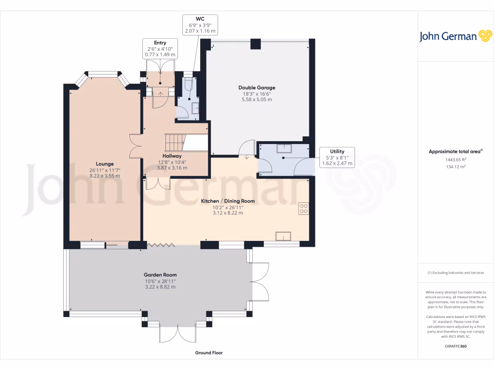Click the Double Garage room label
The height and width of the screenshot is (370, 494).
(x=257, y=88)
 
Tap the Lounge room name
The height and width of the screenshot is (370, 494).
(x=105, y=164)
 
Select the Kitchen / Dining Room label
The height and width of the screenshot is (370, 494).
(x=228, y=201)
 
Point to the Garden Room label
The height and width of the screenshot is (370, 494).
(x=160, y=275)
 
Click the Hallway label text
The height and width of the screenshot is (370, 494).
(x=172, y=156)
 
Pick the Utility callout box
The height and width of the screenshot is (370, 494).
(x=337, y=158)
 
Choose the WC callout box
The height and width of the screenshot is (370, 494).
(x=200, y=25)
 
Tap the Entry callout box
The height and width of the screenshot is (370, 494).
(x=160, y=49)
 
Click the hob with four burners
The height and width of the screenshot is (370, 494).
(x=304, y=209)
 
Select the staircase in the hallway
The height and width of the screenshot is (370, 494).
(x=175, y=143)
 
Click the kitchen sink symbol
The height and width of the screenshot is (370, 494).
(x=283, y=236)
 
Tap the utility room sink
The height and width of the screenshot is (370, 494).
(x=284, y=148)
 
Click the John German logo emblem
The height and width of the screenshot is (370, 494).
(x=485, y=36)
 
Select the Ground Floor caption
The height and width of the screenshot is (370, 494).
(x=209, y=353)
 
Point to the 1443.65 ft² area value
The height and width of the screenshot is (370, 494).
(x=455, y=159)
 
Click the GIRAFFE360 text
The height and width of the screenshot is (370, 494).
(x=455, y=346)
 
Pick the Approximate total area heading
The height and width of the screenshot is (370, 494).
(x=455, y=151)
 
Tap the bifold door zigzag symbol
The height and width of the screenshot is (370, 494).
(x=161, y=245)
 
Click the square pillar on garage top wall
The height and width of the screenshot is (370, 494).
(x=256, y=44)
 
